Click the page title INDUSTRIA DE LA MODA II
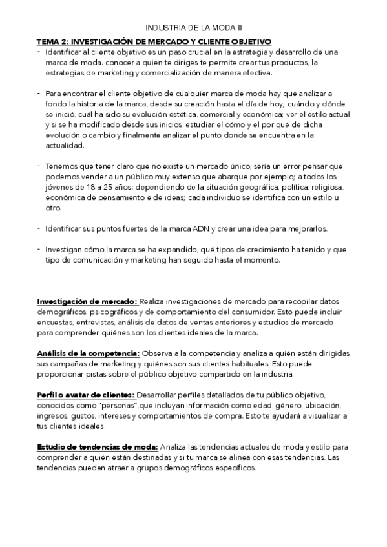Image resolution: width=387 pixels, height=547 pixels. (193, 28)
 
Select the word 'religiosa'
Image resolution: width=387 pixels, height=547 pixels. (326, 188)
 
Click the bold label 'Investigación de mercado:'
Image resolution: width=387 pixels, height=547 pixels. (87, 301)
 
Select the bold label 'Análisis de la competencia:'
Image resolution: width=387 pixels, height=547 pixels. (89, 353)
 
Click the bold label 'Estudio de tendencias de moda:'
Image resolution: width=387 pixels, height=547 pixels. (97, 447)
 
